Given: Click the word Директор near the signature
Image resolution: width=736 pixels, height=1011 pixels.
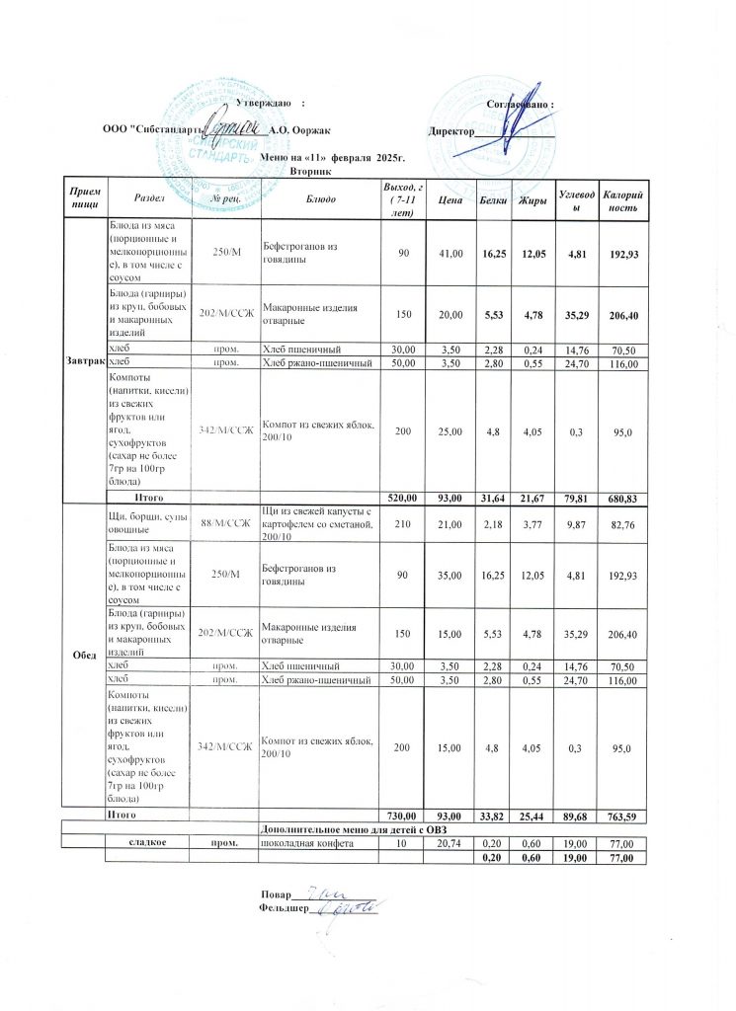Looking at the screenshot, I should (451, 130).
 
